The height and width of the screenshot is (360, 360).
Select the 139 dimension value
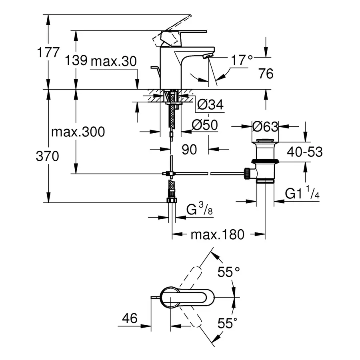coord(76,61)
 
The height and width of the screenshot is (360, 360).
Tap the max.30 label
coord(114,61)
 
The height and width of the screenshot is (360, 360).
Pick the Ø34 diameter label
coord(210,105)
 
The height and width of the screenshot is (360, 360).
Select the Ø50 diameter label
coord(205,125)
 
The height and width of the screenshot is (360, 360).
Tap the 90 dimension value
coord(189,150)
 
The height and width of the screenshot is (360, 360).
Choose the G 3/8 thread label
coord(200,210)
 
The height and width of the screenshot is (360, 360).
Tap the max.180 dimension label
coord(217,234)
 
